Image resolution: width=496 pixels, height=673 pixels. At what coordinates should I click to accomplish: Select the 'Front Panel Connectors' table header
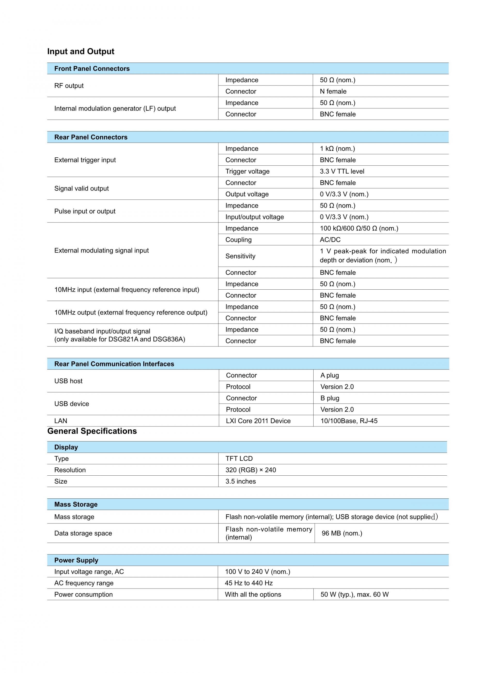(92, 68)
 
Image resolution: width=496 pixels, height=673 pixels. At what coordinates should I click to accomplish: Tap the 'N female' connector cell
(333, 91)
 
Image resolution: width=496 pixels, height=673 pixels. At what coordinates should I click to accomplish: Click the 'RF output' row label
(69, 86)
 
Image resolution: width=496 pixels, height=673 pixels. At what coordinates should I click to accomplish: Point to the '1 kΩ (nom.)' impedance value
(337, 149)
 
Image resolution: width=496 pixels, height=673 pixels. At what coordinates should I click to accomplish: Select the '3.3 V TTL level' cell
(342, 171)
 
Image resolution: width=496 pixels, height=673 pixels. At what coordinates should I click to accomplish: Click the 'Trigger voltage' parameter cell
(247, 171)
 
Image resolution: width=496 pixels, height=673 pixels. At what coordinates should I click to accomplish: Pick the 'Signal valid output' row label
(81, 189)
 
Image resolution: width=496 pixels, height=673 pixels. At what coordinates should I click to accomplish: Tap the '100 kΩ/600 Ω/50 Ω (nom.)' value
(359, 228)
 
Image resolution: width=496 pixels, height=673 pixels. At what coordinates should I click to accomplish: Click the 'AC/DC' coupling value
(330, 240)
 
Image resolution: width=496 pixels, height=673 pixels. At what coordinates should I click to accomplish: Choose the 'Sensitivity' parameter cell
(240, 256)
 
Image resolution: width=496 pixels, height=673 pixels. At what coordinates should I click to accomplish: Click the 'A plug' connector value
(329, 375)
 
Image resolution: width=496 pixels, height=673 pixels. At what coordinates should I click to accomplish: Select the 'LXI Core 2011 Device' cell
(258, 421)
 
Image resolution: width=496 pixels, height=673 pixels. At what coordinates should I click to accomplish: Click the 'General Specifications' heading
(92, 431)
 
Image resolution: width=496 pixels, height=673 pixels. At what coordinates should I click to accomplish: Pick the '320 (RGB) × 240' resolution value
(251, 470)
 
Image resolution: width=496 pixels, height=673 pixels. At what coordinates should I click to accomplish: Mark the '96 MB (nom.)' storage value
(342, 533)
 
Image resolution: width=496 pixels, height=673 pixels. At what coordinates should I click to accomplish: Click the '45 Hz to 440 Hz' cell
(249, 583)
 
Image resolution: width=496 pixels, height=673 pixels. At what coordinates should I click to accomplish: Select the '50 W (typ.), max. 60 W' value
(354, 595)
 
